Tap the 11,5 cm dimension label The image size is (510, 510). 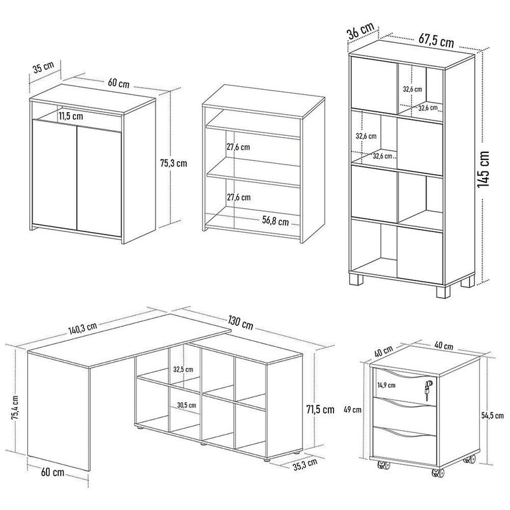coord(69,116)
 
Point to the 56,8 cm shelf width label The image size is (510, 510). coord(275,222)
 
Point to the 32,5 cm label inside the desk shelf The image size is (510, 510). coord(184,368)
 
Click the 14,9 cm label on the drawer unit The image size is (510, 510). coord(386,385)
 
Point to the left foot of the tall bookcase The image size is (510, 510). coord(355,280)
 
